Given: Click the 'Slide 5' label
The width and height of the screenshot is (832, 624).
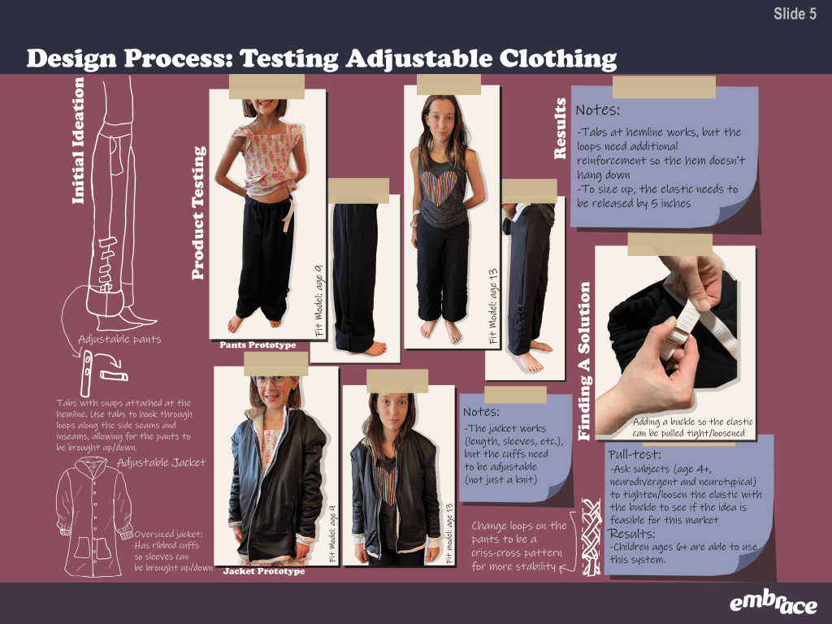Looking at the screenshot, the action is point(795,14).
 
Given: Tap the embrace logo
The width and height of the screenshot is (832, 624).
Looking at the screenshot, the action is point(773,603).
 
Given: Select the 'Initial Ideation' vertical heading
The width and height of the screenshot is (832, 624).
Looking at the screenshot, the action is point(78,141).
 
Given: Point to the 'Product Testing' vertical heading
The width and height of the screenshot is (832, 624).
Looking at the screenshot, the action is point(198,213).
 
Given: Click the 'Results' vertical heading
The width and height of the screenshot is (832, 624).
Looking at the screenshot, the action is point(560,128).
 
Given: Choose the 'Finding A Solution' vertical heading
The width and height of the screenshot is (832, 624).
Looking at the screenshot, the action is point(583,361).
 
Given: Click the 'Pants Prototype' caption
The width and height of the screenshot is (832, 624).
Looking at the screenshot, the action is point(258,344).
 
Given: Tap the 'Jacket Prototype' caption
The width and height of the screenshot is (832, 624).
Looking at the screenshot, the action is point(264,571).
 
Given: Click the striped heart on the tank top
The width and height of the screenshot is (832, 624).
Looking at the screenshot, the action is point(438,188).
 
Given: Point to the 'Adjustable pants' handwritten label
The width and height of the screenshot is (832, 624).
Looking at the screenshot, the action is point(119,339).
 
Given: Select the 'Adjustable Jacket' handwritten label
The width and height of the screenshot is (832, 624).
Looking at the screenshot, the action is point(162,462).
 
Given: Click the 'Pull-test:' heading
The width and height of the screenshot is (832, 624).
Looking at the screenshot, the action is point(635,455).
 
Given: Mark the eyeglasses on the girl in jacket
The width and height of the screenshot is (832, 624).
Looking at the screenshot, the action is point(271,380).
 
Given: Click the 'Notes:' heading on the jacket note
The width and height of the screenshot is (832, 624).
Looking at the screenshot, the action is point(481,412).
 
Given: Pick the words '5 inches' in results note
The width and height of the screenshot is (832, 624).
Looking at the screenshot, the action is point(670,203).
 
